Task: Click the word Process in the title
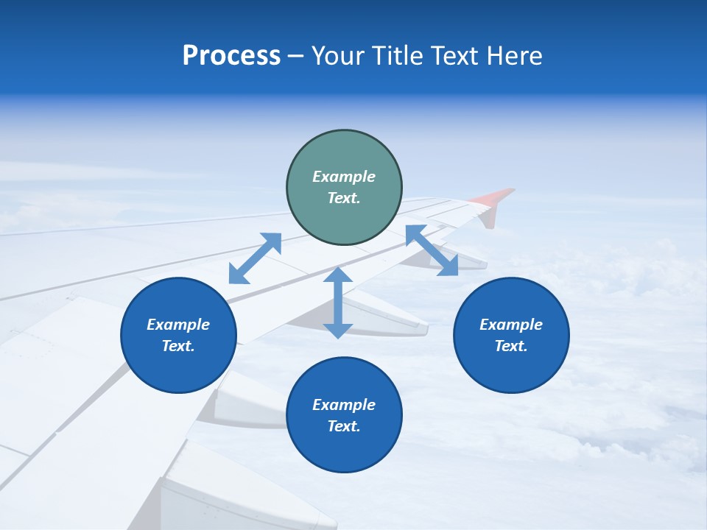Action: click(231, 56)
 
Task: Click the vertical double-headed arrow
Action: click(338, 303)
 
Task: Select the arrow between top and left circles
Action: click(255, 258)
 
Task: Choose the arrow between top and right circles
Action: click(432, 250)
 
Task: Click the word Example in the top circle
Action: click(344, 177)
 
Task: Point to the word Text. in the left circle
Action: click(178, 346)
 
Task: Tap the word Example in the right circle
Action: click(511, 325)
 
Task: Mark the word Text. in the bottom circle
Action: click(344, 426)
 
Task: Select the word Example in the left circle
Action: click(178, 325)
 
